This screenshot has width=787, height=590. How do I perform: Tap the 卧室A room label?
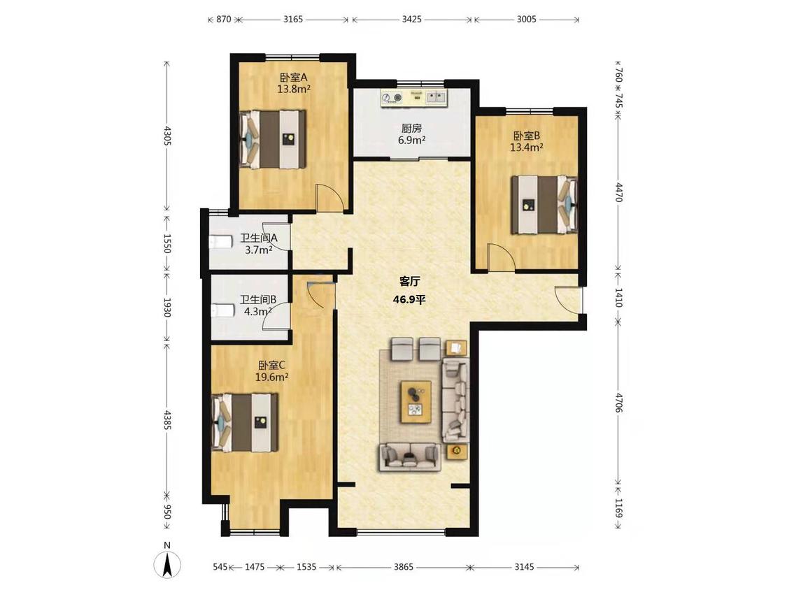click(294, 78)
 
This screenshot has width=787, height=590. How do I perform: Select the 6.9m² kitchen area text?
click(411, 141)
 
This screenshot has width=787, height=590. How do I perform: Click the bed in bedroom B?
click(544, 205)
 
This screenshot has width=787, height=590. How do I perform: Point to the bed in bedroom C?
click(244, 422)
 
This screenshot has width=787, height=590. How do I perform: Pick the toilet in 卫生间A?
click(220, 243)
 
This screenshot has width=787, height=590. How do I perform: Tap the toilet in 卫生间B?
click(222, 311)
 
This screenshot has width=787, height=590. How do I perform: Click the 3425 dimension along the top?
click(411, 20)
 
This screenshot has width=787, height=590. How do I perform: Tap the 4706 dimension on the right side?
click(619, 403)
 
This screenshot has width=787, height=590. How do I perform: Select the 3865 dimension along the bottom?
click(404, 567)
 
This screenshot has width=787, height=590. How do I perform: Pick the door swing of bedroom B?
click(500, 258)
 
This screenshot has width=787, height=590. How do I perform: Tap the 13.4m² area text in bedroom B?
click(527, 147)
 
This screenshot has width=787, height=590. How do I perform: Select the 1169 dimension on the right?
click(619, 508)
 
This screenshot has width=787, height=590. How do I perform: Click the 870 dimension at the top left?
click(223, 20)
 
